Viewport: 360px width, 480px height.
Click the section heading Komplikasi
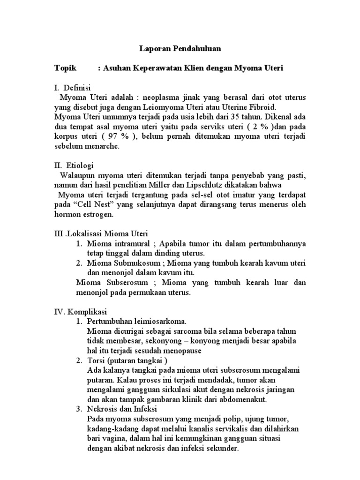pos(88,312)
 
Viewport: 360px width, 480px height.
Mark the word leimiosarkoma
pos(160,322)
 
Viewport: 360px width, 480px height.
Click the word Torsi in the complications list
pos(96,361)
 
